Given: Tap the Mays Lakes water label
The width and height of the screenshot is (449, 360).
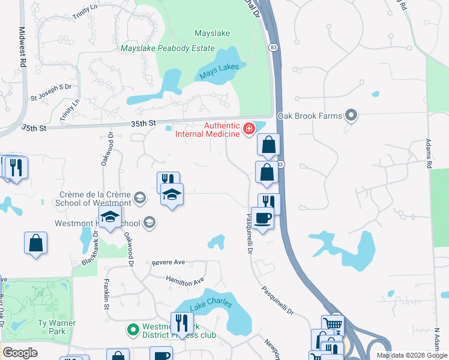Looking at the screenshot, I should (x=219, y=72).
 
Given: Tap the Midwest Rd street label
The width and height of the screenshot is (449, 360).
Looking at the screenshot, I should (x=22, y=46).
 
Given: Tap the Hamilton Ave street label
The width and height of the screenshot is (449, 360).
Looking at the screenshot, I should (x=185, y=280).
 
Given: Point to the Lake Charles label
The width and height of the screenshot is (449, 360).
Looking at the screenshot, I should (x=211, y=304).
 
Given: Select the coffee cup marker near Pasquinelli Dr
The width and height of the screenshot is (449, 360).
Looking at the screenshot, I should (x=263, y=218).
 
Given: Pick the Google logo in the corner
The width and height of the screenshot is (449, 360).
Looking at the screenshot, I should (x=20, y=353).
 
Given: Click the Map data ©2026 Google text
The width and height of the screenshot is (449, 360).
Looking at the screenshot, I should (x=412, y=355).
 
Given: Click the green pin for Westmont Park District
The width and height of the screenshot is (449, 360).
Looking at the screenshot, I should (x=133, y=329).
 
